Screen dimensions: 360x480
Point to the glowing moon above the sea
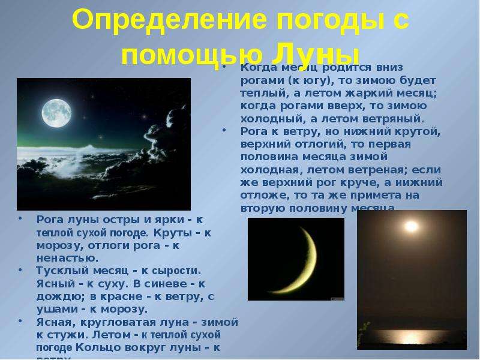point(410,226)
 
